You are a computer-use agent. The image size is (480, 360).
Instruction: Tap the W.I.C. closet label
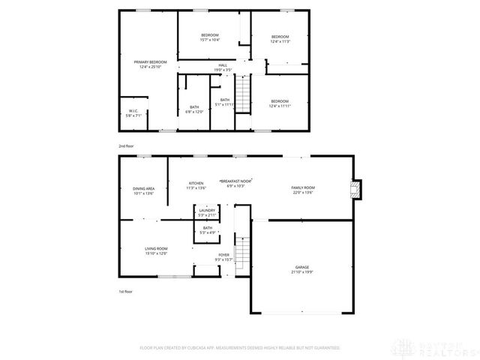(132, 113)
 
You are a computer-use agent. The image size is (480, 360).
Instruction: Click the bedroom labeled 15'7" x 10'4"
(209, 37)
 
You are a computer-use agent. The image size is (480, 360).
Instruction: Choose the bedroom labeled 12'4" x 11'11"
(280, 103)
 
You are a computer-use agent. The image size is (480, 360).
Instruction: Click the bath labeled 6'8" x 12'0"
(194, 109)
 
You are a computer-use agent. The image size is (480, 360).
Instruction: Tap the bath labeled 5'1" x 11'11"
(224, 102)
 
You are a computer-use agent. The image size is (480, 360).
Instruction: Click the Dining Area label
(143, 190)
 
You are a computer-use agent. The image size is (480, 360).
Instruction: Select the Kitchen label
(196, 185)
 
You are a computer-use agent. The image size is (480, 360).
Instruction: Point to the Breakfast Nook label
(235, 183)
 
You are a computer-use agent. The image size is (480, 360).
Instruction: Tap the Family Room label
(303, 190)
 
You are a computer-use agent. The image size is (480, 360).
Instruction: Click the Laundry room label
(207, 212)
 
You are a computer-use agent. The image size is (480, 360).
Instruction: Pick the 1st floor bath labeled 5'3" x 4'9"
(207, 230)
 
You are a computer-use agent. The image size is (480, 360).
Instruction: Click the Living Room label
(156, 251)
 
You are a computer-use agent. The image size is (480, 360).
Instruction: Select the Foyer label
(223, 257)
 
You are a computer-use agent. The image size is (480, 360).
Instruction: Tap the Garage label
(302, 269)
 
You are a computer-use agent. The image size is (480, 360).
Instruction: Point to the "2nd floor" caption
(127, 145)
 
